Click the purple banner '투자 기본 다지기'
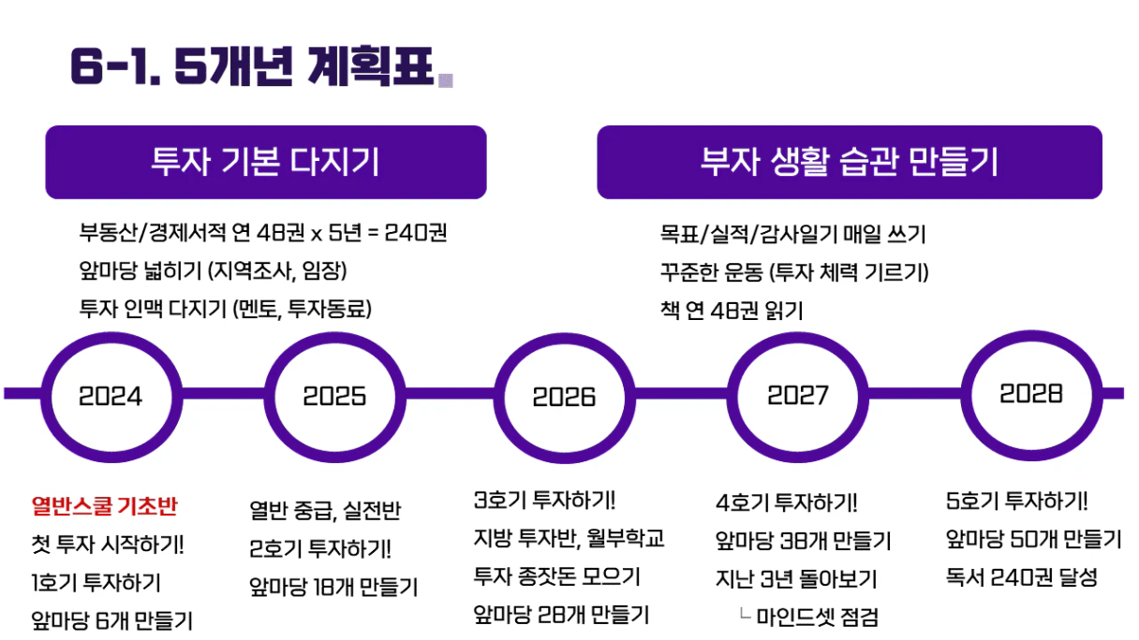point(266,162)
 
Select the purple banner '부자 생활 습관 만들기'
point(850,162)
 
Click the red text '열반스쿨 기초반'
point(104,506)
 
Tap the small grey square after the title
point(446,80)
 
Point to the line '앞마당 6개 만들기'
point(111,620)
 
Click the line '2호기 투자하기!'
point(319,548)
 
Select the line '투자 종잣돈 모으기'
point(556,576)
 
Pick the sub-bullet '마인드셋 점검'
point(818,618)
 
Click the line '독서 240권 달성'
point(1022,577)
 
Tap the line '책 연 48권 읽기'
point(732,311)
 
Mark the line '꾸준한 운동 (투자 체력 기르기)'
point(794,272)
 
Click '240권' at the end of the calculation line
point(416,233)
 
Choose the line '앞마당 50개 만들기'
point(1033,539)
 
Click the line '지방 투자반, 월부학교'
point(569,538)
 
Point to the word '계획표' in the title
point(370,66)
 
